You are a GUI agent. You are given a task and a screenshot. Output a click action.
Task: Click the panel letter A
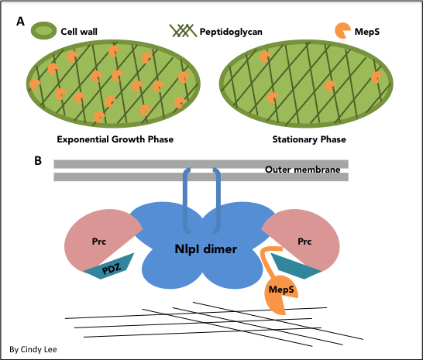[20, 22]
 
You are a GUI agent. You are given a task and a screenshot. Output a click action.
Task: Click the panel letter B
[38, 160]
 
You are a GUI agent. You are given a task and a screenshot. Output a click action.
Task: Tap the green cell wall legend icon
[43, 31]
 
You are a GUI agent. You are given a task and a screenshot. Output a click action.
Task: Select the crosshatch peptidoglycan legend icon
[183, 30]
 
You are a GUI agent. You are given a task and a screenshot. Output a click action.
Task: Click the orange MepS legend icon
[342, 30]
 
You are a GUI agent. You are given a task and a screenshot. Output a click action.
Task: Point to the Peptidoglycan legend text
[231, 32]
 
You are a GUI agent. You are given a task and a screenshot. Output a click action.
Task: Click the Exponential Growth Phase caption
[115, 139]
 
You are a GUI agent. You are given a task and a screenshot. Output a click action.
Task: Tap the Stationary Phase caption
[309, 139]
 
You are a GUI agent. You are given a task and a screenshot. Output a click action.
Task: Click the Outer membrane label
[302, 170]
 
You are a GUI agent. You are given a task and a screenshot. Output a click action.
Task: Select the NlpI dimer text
[206, 249]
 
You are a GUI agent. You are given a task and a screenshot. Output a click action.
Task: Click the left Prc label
[98, 242]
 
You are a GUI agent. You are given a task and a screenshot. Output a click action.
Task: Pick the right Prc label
[304, 242]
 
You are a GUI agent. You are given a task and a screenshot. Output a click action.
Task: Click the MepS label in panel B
[281, 290]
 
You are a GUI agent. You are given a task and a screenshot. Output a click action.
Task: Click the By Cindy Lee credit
[33, 349]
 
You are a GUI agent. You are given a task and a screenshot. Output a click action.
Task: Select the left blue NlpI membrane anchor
[187, 201]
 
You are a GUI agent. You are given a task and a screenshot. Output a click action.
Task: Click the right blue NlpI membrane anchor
[218, 201]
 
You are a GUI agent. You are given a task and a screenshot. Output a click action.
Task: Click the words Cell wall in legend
[79, 32]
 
